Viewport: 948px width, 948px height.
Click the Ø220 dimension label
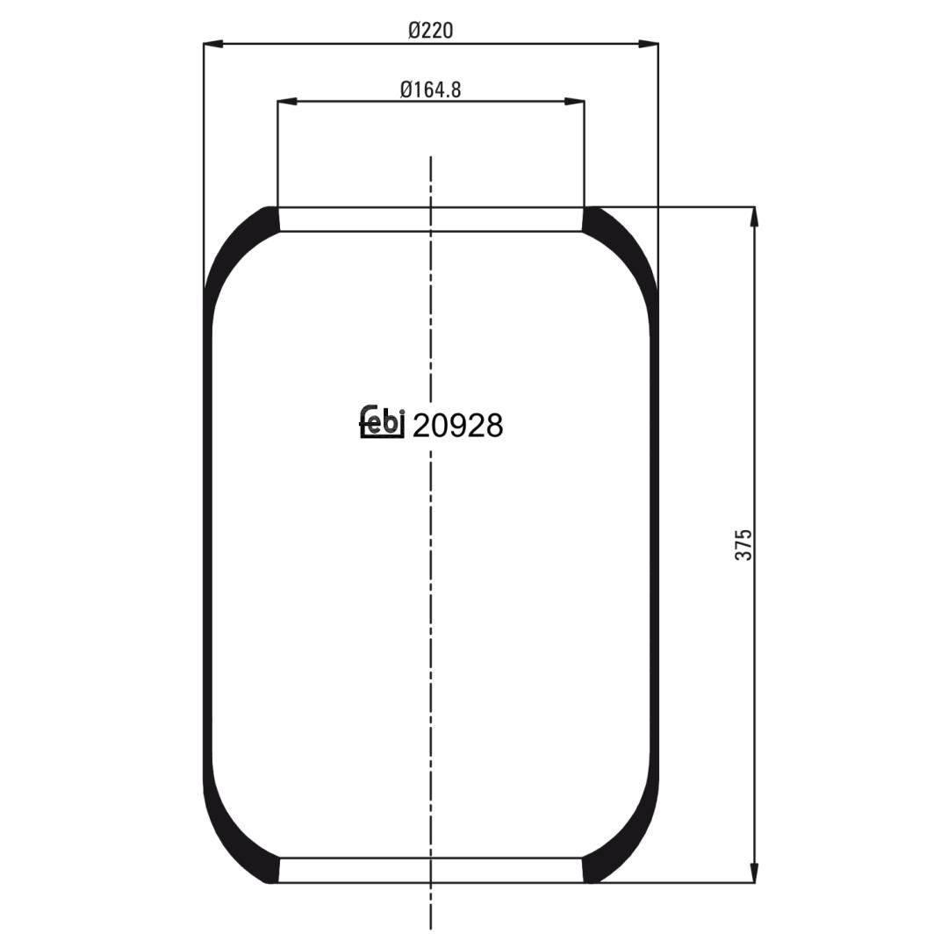(x=430, y=30)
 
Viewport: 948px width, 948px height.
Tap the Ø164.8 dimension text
(x=430, y=90)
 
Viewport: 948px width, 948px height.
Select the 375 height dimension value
(x=743, y=544)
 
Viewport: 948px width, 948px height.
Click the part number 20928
(x=457, y=426)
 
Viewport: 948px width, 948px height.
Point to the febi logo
(x=382, y=420)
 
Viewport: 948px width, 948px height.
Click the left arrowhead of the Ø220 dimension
(x=213, y=44)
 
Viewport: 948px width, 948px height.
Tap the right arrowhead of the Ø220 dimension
(x=648, y=44)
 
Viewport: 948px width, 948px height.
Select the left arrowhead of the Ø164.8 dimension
(x=287, y=101)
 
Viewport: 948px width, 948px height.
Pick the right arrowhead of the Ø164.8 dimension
(x=574, y=101)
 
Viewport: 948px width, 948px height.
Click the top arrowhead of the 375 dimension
(x=754, y=217)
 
